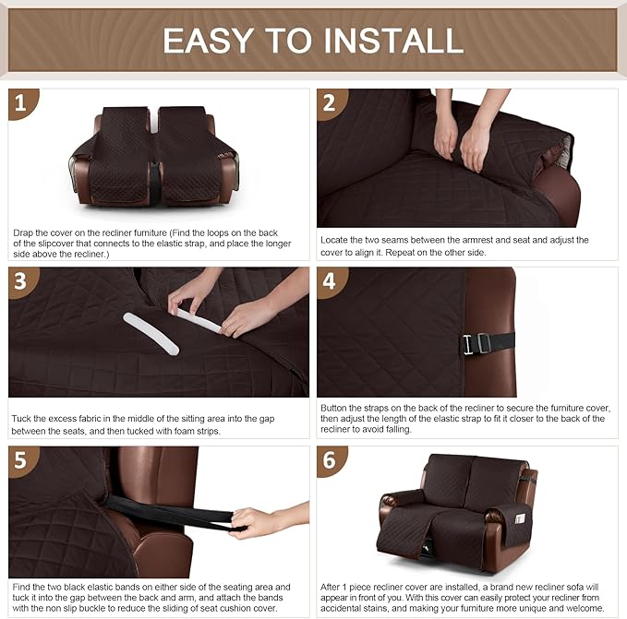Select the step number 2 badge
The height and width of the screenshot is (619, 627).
(329, 102)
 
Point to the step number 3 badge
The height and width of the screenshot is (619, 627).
(21, 280)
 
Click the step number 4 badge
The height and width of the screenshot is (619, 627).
(329, 280)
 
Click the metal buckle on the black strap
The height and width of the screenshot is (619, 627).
(472, 344)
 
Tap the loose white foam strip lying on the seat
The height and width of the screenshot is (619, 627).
(151, 332)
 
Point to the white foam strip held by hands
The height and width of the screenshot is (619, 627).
(199, 320)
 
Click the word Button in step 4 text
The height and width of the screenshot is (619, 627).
(337, 407)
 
